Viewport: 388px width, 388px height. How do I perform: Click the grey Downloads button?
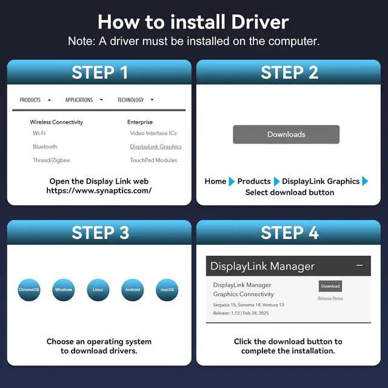tap(286, 135)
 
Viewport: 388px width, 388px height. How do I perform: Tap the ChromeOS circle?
tap(29, 290)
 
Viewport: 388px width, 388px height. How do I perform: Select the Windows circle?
tap(64, 290)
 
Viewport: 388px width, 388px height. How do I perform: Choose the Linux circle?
tap(98, 290)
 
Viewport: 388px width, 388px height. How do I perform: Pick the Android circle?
tap(133, 290)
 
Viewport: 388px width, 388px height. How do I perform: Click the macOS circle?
tap(167, 290)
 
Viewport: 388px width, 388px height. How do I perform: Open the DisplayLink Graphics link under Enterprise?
tap(156, 147)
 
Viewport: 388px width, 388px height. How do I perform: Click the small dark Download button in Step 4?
tap(330, 286)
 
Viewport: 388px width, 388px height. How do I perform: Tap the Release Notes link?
tap(330, 298)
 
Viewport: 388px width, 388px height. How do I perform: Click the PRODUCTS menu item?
tap(30, 100)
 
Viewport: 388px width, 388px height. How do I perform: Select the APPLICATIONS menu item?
tap(79, 100)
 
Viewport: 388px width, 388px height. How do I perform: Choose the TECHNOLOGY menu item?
tap(130, 100)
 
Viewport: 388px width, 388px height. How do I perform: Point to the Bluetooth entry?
tap(45, 147)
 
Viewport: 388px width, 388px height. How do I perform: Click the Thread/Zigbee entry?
tap(51, 160)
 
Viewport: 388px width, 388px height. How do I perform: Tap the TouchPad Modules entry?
tap(153, 160)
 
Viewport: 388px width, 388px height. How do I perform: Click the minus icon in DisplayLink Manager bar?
tap(360, 266)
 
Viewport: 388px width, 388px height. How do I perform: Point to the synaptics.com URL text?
tap(99, 190)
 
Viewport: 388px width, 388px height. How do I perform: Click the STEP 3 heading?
tap(100, 233)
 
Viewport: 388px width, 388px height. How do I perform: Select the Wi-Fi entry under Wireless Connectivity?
tap(39, 133)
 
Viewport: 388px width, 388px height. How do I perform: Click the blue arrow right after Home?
tap(232, 181)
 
